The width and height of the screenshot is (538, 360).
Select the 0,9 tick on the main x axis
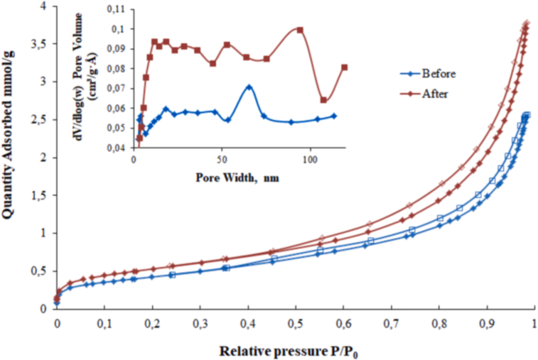(x=486, y=324)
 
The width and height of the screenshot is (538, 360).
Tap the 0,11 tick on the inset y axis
(x=117, y=9)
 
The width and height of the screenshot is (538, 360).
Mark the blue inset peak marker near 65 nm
(x=249, y=87)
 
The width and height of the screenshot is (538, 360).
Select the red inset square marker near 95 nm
(x=300, y=30)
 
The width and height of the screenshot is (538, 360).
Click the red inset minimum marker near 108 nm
(x=323, y=100)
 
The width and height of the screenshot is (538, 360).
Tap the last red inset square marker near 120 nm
(x=344, y=67)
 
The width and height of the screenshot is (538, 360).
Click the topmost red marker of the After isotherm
(x=527, y=24)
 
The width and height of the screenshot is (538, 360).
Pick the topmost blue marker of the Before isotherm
(x=527, y=114)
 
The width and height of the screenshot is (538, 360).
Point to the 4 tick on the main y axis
(x=43, y=6)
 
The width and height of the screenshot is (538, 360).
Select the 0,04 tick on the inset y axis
(x=117, y=148)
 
